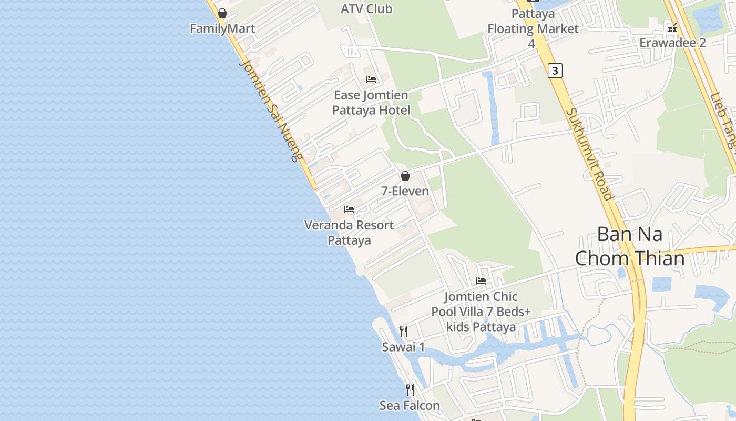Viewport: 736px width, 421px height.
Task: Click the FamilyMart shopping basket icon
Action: click(x=222, y=13)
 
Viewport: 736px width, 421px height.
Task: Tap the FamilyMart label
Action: click(x=222, y=28)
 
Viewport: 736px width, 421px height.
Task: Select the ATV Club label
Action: click(x=366, y=8)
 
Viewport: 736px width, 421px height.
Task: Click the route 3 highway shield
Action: click(x=555, y=70)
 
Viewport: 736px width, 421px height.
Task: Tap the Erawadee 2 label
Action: click(x=672, y=43)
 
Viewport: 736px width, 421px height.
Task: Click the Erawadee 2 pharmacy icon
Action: click(x=672, y=27)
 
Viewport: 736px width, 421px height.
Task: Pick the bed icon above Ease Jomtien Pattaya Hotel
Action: click(x=371, y=79)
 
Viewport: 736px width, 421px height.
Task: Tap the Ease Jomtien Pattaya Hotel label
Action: click(x=371, y=103)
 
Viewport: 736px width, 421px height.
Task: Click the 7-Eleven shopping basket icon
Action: click(x=405, y=176)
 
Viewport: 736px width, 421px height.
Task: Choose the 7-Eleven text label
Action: click(x=405, y=191)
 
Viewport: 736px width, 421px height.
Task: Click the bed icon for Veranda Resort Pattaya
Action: click(x=349, y=209)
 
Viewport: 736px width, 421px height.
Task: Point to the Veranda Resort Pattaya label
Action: click(x=349, y=233)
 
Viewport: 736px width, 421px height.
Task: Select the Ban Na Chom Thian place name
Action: click(x=630, y=246)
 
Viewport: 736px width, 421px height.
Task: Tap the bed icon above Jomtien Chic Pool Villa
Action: click(x=481, y=281)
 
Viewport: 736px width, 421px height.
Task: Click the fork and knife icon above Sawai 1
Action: click(x=404, y=332)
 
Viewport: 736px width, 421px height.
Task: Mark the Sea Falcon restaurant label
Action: click(x=410, y=406)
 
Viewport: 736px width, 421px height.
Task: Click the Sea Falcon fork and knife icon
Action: click(x=410, y=390)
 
